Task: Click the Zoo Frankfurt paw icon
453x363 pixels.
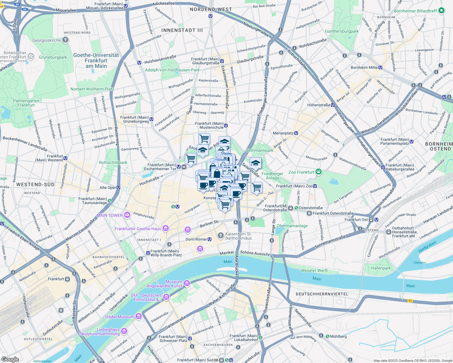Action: coord(318,172)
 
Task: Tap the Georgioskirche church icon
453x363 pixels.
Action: coord(65,40)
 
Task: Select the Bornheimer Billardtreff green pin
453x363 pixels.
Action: coord(441,11)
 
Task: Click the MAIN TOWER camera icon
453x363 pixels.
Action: coord(127,215)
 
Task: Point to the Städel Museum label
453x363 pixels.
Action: coord(119,317)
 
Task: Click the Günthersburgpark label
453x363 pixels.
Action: coord(342,31)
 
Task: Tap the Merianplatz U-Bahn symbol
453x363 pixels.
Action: coord(296,133)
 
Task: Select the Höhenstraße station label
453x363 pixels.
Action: coord(319,105)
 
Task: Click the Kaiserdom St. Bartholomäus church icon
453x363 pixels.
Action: coord(221,235)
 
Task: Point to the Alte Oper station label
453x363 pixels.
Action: coord(108,188)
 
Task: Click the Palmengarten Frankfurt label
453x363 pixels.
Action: coord(26,103)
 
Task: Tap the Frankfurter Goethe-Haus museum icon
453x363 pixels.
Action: coord(165,228)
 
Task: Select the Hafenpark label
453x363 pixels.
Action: coord(381,268)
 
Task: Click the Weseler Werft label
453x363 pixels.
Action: coord(314,270)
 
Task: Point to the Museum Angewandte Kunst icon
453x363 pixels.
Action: coord(187,283)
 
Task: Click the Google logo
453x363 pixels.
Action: coord(10,359)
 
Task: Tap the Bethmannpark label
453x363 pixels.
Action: coord(260,150)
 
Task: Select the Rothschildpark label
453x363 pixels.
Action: coord(113,162)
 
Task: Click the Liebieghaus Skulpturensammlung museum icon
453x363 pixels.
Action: coord(124,332)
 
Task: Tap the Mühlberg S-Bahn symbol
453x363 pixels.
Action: coord(328,336)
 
